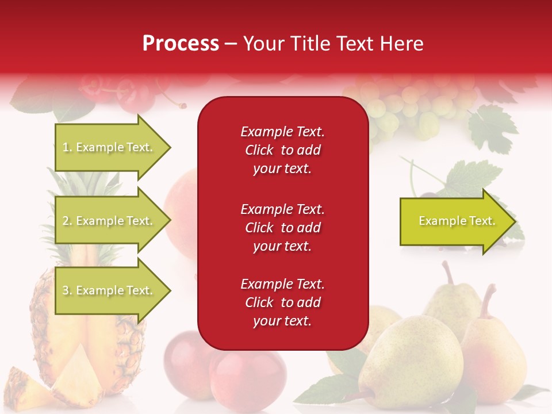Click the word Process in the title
pyautogui.click(x=181, y=44)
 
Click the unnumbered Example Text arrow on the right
pyautogui.click(x=457, y=221)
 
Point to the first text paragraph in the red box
pyautogui.click(x=282, y=150)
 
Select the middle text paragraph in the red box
pyautogui.click(x=282, y=228)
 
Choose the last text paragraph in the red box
pyautogui.click(x=282, y=302)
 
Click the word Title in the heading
pyautogui.click(x=310, y=44)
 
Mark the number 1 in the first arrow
pyautogui.click(x=65, y=148)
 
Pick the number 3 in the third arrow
pyautogui.click(x=66, y=290)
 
